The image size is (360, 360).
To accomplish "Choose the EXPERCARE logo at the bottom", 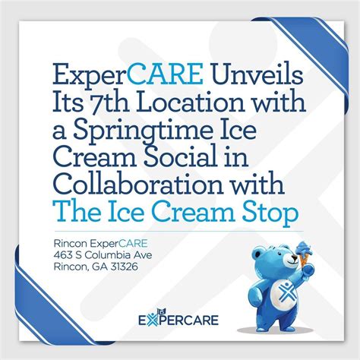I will click(179, 320).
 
